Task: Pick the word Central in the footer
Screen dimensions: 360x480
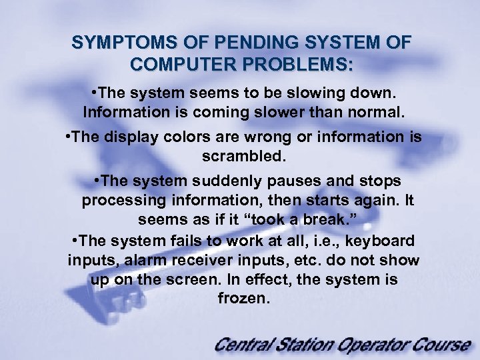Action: (x=247, y=345)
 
